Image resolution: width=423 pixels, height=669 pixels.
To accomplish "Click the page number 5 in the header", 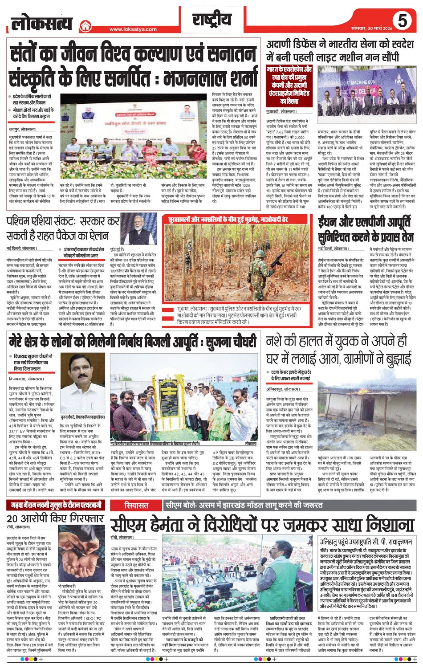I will (402, 20).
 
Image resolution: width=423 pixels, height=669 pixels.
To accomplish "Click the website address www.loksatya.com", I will (133, 29).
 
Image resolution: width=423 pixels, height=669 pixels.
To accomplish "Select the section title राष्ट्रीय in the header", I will (212, 20).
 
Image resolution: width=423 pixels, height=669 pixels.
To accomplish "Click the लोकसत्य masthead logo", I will (41, 22).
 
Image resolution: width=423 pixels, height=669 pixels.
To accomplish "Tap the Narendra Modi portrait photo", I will (138, 228).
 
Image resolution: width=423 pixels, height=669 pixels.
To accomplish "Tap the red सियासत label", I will (136, 506).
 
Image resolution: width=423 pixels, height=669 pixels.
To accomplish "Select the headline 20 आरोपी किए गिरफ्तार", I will (55, 518).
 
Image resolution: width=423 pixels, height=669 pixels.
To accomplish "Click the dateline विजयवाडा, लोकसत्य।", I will (26, 379).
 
